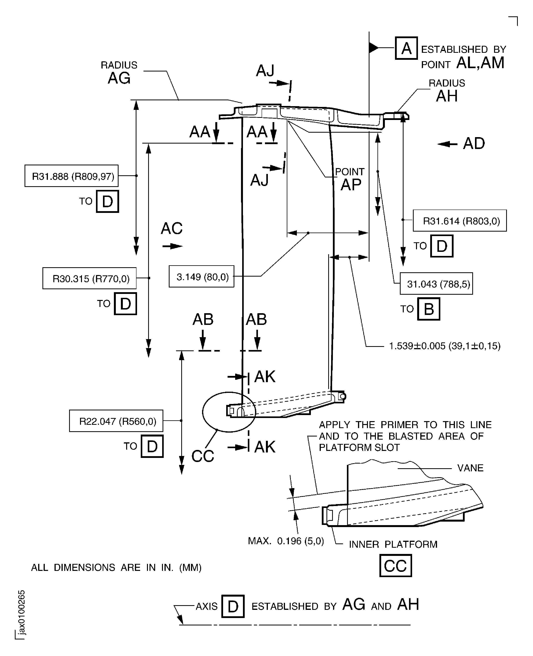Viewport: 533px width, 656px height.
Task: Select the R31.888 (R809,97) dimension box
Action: point(71,176)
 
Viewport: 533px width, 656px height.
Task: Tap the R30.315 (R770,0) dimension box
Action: point(89,278)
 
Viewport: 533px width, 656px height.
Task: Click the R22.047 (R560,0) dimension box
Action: point(116,421)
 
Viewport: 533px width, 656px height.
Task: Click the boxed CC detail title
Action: point(395,565)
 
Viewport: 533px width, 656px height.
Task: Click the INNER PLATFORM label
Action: point(393,544)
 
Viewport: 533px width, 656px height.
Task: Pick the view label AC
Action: point(172,228)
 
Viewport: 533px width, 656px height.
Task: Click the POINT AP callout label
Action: point(350,180)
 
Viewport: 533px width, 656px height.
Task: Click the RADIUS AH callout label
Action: point(447,91)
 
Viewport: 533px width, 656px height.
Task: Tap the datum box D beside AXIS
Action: point(233,606)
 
